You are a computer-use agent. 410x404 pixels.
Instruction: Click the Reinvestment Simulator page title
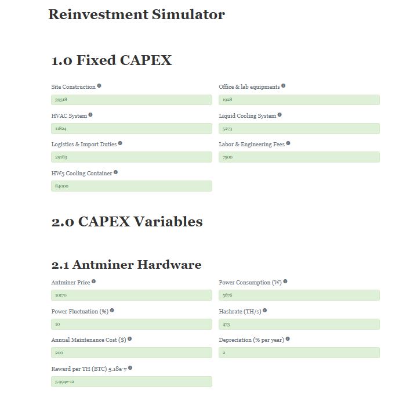(136, 15)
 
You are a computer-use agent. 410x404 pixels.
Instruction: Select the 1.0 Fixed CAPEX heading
(111, 60)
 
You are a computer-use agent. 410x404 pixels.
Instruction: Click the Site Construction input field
(131, 100)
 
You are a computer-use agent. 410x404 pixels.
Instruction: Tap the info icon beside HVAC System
(90, 115)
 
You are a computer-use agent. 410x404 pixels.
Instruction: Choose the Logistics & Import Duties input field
(131, 157)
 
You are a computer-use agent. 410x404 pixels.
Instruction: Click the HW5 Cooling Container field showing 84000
(131, 186)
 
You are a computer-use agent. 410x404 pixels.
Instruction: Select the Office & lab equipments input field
(299, 100)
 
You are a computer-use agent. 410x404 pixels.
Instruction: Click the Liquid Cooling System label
(247, 116)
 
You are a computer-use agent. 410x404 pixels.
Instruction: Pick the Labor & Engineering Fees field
(299, 157)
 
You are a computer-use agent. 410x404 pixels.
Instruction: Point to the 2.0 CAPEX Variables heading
(127, 222)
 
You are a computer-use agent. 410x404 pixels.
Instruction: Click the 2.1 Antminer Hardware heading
(126, 265)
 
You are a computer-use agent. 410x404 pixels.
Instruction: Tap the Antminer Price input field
(131, 295)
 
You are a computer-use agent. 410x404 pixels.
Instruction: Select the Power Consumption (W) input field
(299, 295)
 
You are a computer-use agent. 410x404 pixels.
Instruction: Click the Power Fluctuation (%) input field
(131, 324)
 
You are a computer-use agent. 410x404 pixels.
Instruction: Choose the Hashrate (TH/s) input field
(299, 324)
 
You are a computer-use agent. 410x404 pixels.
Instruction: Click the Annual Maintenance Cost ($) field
(131, 352)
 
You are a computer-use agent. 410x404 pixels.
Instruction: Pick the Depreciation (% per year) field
(299, 352)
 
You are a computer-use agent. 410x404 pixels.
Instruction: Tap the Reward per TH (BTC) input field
(131, 381)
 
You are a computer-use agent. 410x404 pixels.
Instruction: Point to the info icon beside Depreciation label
(288, 339)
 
